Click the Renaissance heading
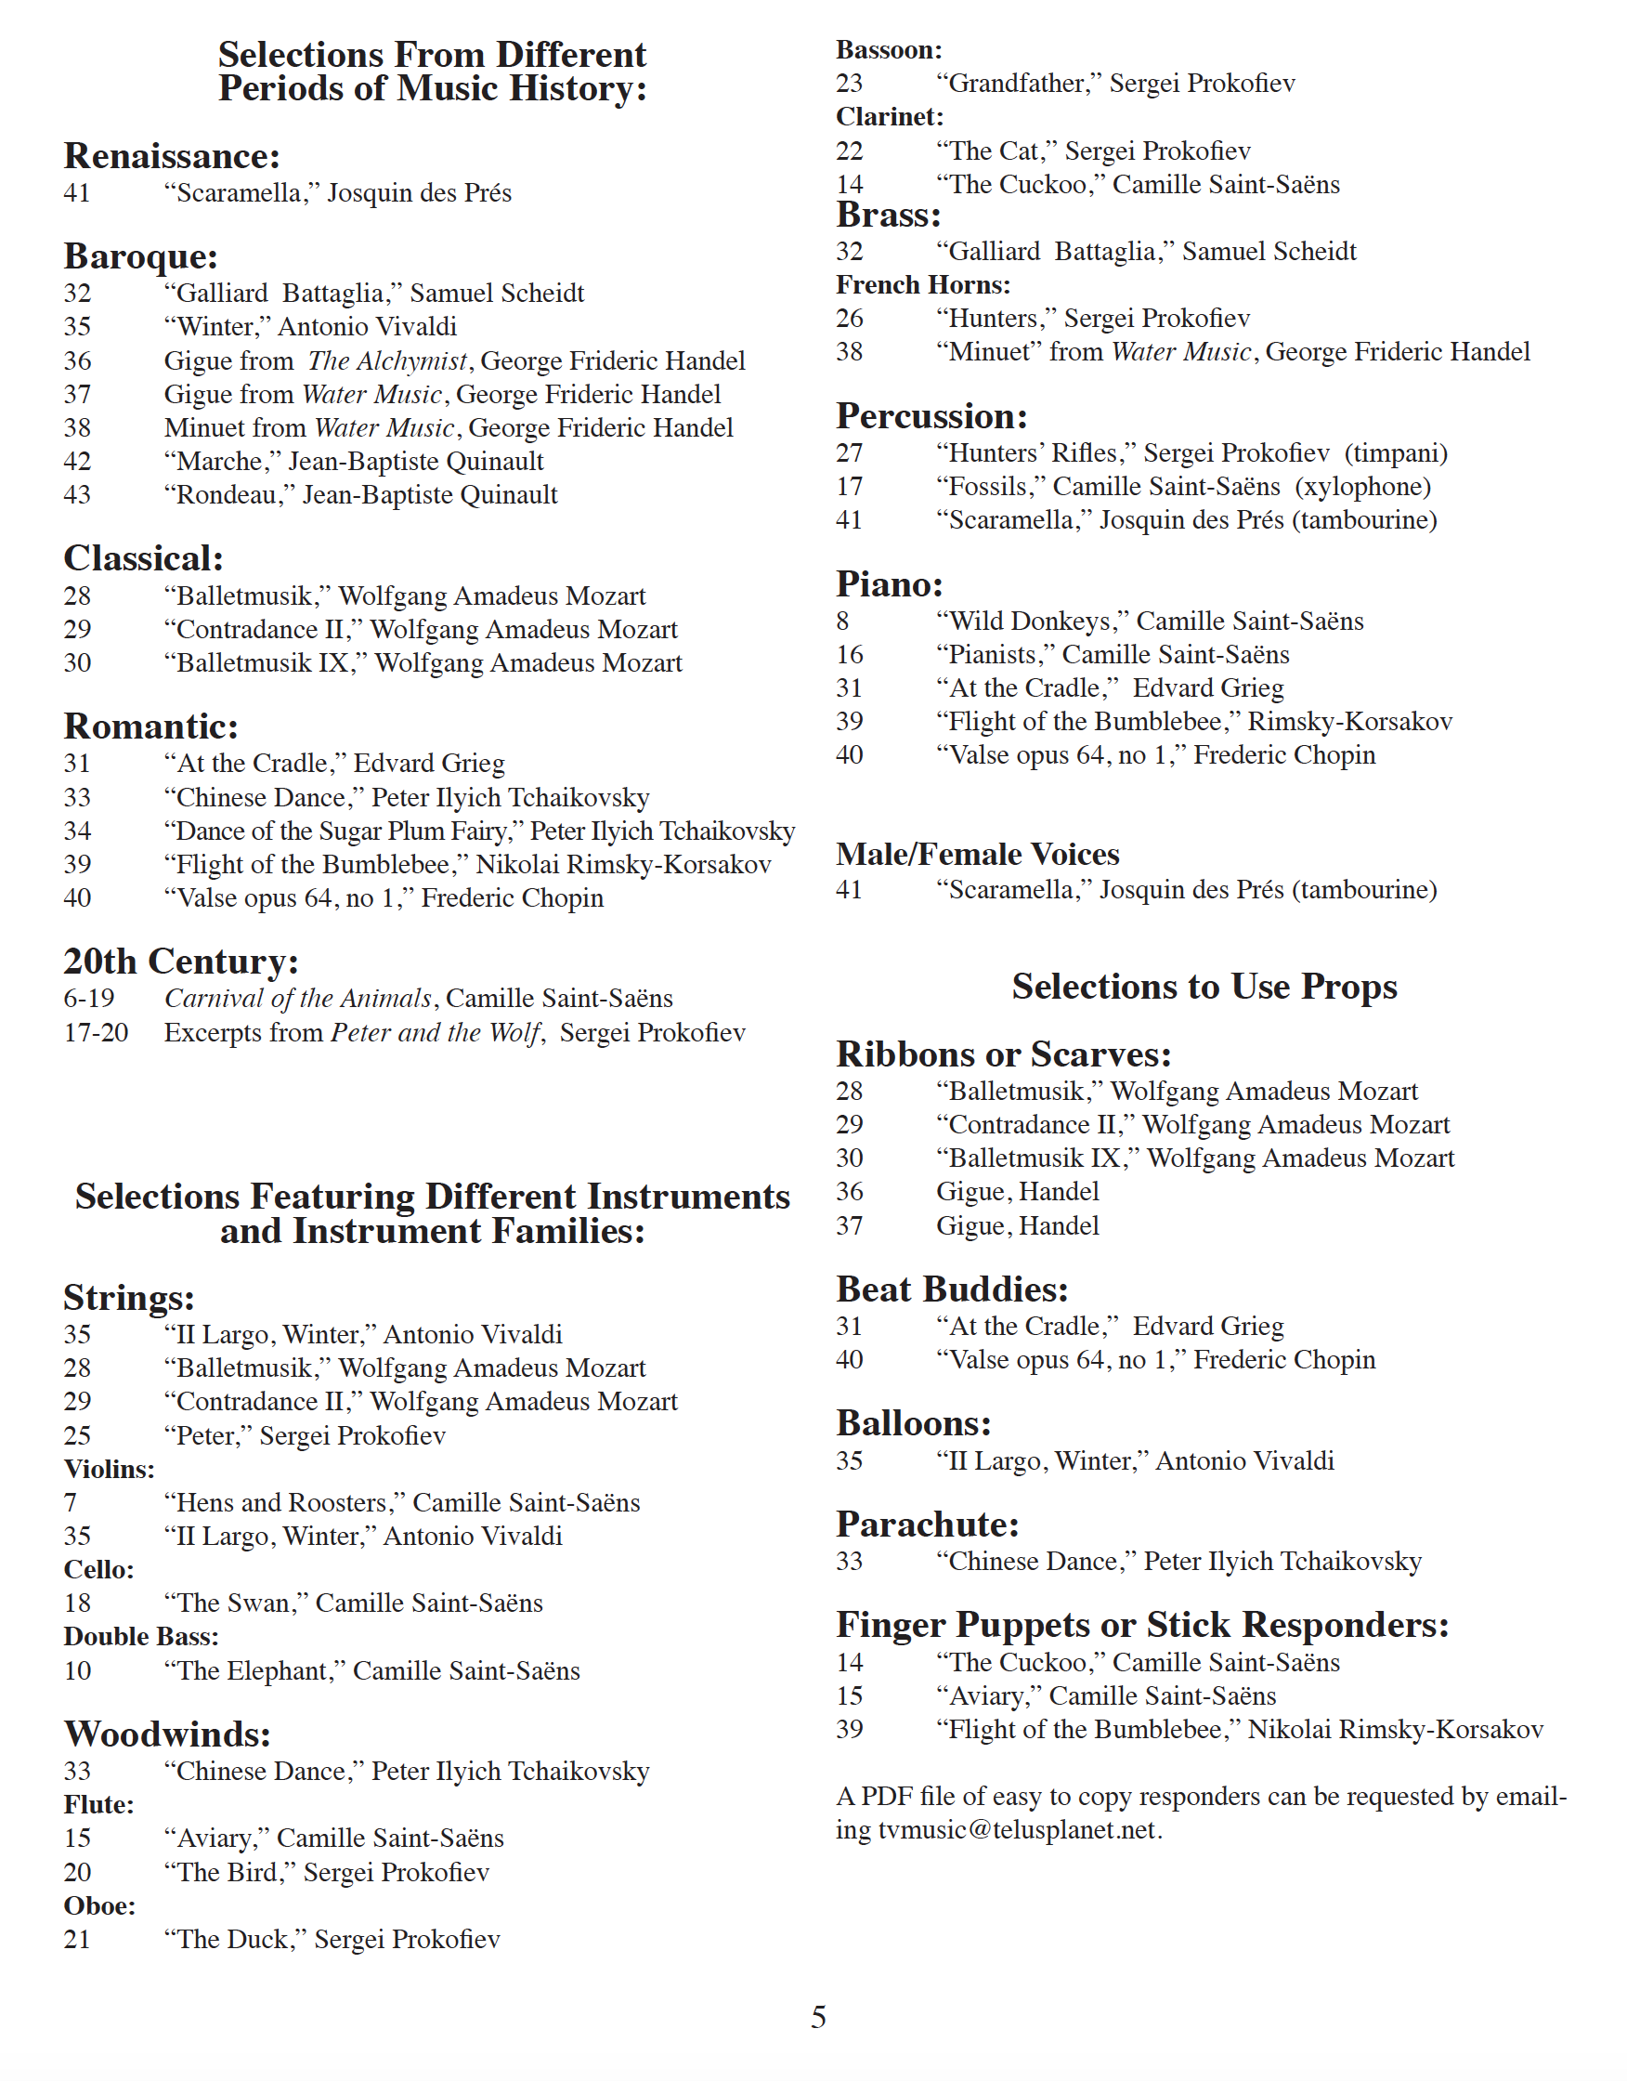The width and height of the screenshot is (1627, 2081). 172,156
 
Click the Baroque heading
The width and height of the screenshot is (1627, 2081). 141,256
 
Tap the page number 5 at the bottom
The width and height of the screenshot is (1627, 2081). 818,2016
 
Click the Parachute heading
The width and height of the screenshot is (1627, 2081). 927,1525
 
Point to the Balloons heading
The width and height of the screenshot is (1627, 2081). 914,1423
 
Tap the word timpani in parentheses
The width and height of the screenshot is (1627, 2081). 1396,453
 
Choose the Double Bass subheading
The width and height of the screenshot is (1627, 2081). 141,1637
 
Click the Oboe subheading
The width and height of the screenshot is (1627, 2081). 99,1905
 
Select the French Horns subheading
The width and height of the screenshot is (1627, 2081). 922,285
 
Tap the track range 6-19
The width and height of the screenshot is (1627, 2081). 88,999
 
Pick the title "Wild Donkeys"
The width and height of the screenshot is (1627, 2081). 1032,622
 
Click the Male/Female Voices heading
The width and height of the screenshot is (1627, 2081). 977,854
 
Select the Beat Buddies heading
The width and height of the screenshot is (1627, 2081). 952,1290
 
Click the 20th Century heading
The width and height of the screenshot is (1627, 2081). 181,962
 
